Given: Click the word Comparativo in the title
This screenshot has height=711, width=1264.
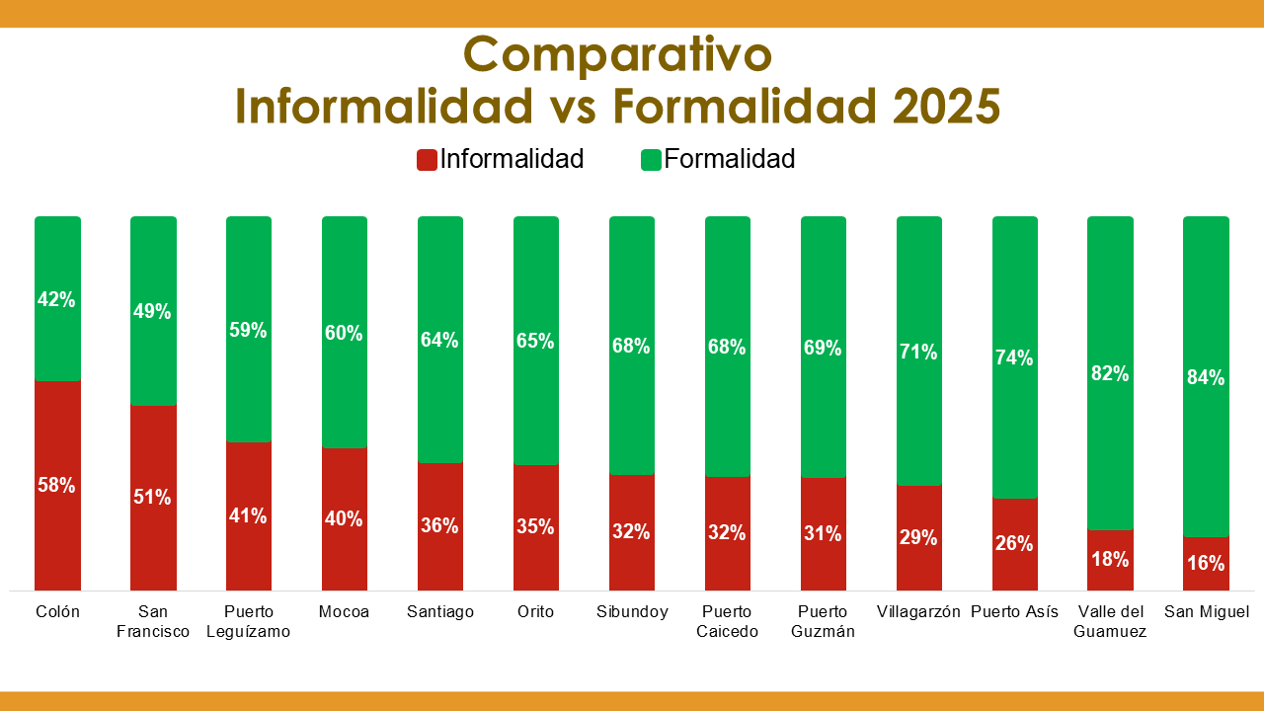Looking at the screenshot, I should click(617, 55).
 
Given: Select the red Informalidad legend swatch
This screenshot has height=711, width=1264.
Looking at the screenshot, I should click(427, 160).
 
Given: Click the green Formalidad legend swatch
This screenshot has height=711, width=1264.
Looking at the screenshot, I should click(651, 160).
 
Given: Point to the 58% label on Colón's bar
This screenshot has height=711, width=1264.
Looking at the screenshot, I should click(57, 485).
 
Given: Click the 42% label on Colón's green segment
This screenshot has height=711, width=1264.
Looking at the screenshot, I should click(57, 299).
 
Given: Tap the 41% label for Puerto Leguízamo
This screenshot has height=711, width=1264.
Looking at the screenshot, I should click(249, 515).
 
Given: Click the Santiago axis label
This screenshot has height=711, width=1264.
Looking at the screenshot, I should click(440, 612).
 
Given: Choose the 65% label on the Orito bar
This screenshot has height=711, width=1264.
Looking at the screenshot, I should click(536, 342).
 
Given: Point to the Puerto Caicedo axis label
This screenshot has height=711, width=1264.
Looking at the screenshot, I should click(728, 621).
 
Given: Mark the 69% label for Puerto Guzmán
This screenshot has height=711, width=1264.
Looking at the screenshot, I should click(824, 348).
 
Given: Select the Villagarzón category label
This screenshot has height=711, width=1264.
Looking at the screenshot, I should click(918, 612).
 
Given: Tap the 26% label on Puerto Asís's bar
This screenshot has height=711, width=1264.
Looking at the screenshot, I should click(1015, 543).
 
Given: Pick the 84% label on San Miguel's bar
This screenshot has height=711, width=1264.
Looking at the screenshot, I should click(1206, 377).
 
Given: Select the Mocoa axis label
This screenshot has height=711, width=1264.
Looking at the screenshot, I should click(345, 612).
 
